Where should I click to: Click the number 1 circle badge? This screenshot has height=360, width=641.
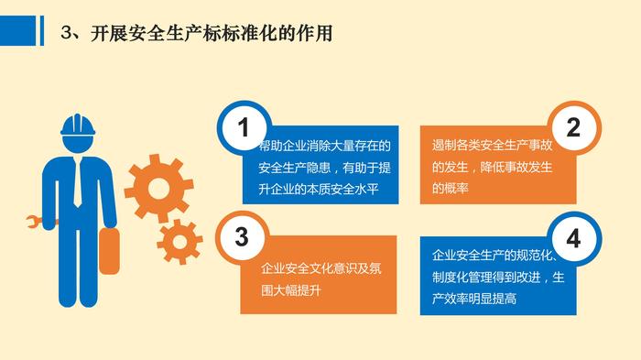(x=244, y=126)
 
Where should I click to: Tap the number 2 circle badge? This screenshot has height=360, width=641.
(x=573, y=126)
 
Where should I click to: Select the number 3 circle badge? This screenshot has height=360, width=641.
(x=242, y=237)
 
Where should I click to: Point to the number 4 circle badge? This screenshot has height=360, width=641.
(x=573, y=238)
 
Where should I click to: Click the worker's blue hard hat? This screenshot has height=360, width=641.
(x=78, y=125)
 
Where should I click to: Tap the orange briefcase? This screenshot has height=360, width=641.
(x=109, y=251)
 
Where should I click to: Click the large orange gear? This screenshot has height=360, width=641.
(x=158, y=188)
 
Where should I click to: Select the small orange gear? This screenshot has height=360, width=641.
(x=179, y=241)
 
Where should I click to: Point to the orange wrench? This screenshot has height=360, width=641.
(x=38, y=222)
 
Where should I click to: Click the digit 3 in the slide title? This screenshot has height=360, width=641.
(x=66, y=33)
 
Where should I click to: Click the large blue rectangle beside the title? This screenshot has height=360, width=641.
(x=18, y=30)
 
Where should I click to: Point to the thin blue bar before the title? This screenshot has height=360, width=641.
(x=42, y=30)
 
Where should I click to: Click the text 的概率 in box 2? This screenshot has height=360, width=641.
(x=451, y=188)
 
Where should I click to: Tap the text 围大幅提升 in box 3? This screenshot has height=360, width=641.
(x=291, y=290)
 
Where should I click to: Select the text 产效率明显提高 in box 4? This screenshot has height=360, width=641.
(x=474, y=299)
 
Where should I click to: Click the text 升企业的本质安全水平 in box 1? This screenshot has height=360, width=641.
(x=319, y=189)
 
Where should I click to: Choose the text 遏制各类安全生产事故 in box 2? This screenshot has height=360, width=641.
(x=493, y=145)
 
